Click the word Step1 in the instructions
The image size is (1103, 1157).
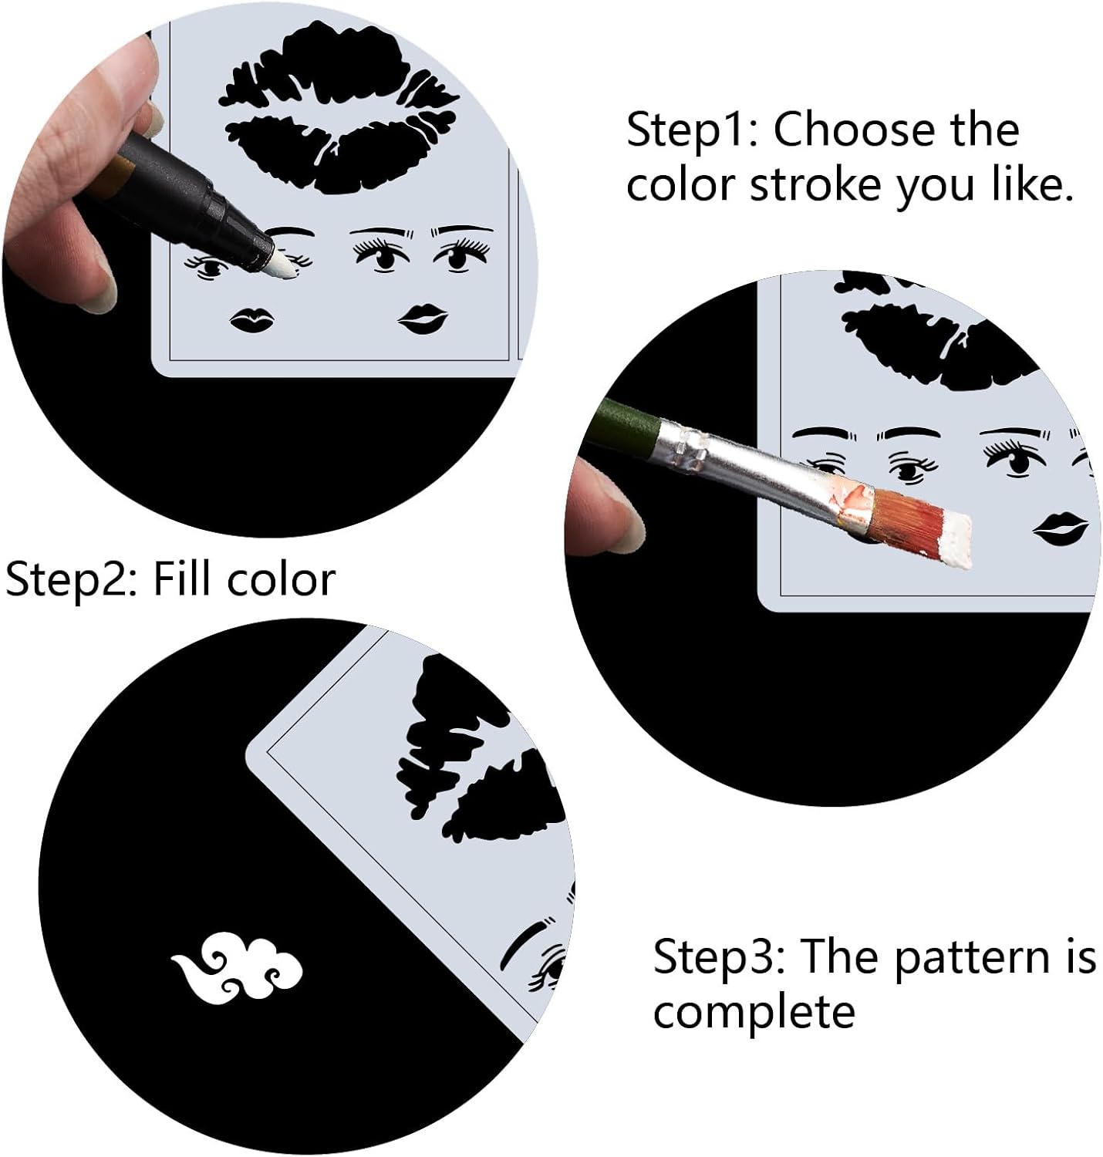(693, 130)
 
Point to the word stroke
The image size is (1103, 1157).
(816, 185)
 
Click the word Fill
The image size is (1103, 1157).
(181, 579)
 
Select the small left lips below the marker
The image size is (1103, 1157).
(251, 320)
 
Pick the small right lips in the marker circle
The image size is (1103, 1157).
(422, 319)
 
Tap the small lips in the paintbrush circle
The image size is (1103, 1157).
(1061, 528)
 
